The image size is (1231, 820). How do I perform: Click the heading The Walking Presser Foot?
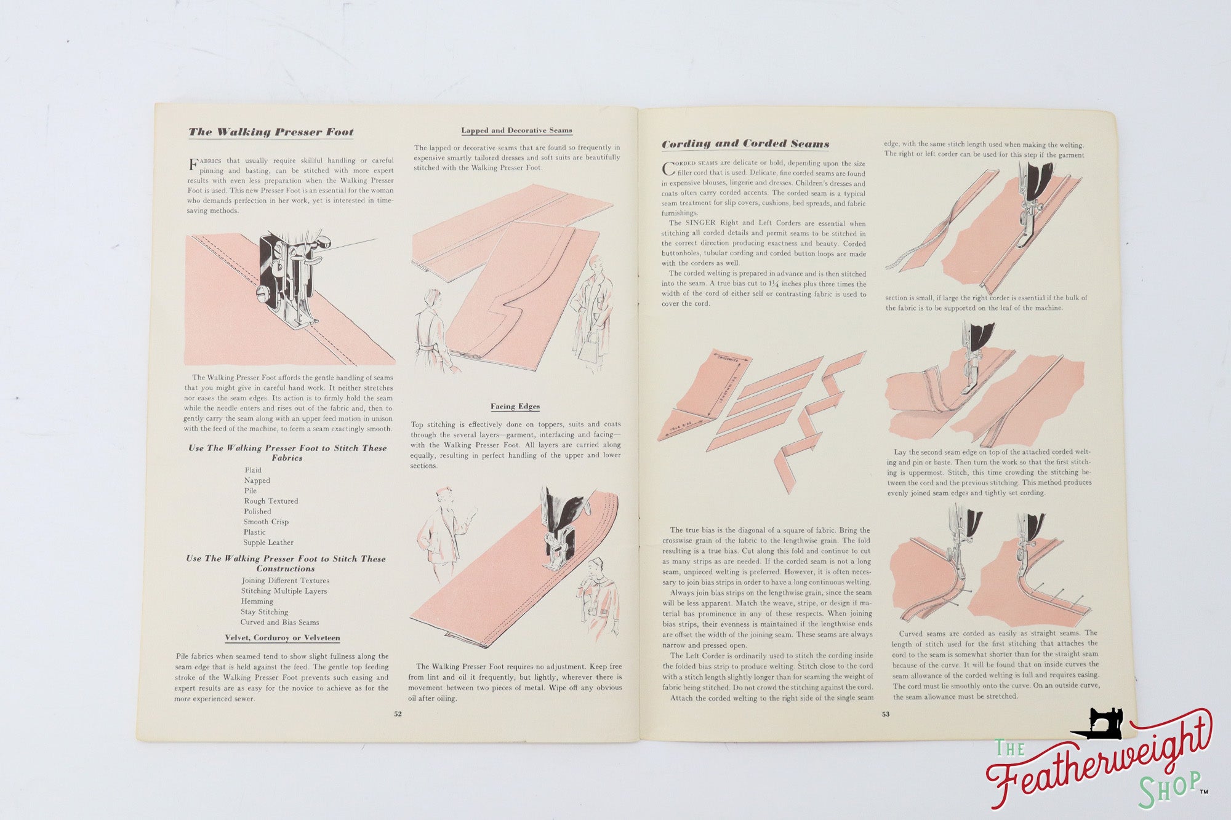pos(271,132)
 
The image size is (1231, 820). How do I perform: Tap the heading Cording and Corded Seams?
pos(745,144)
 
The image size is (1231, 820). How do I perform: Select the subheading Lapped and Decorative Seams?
pos(516,130)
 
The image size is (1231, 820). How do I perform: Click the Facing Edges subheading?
pos(515,407)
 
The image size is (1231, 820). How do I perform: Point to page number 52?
pos(398,714)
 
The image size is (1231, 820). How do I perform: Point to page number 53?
pos(885,714)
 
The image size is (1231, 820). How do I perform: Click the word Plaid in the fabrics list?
pos(253,471)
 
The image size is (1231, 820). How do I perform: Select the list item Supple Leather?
pos(268,543)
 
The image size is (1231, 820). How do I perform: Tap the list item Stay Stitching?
pos(264,612)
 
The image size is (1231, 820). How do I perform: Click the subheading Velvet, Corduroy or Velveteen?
pos(282,638)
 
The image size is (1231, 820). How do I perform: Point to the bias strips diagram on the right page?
pos(763,412)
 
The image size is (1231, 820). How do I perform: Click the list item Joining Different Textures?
pos(285,581)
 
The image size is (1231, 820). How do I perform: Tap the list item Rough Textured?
pos(271,501)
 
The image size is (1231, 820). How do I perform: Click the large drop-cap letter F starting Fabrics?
pos(193,165)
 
